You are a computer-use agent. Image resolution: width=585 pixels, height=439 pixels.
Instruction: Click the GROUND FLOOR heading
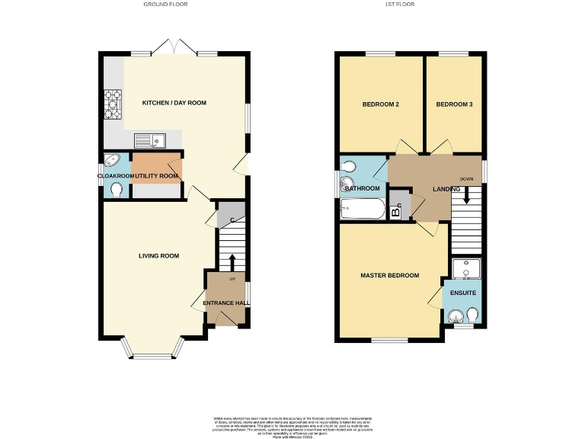(165, 4)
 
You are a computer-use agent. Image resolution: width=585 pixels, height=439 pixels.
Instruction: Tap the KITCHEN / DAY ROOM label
(174, 102)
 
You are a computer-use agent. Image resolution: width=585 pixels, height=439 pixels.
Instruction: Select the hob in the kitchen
(113, 104)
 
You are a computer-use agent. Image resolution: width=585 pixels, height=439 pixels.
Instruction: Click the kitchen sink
(148, 140)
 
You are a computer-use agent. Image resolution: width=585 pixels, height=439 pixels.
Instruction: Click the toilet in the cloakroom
(116, 189)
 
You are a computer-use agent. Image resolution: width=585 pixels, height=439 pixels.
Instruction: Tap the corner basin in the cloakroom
(111, 161)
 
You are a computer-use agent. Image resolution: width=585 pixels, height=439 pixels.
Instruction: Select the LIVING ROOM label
(158, 256)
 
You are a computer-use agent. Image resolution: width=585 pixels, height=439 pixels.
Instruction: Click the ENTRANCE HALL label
(225, 303)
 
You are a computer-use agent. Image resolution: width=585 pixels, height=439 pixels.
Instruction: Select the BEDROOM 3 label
(454, 104)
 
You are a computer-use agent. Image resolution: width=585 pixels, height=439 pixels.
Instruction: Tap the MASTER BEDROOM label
(389, 275)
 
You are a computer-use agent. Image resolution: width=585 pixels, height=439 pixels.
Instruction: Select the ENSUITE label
(462, 292)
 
